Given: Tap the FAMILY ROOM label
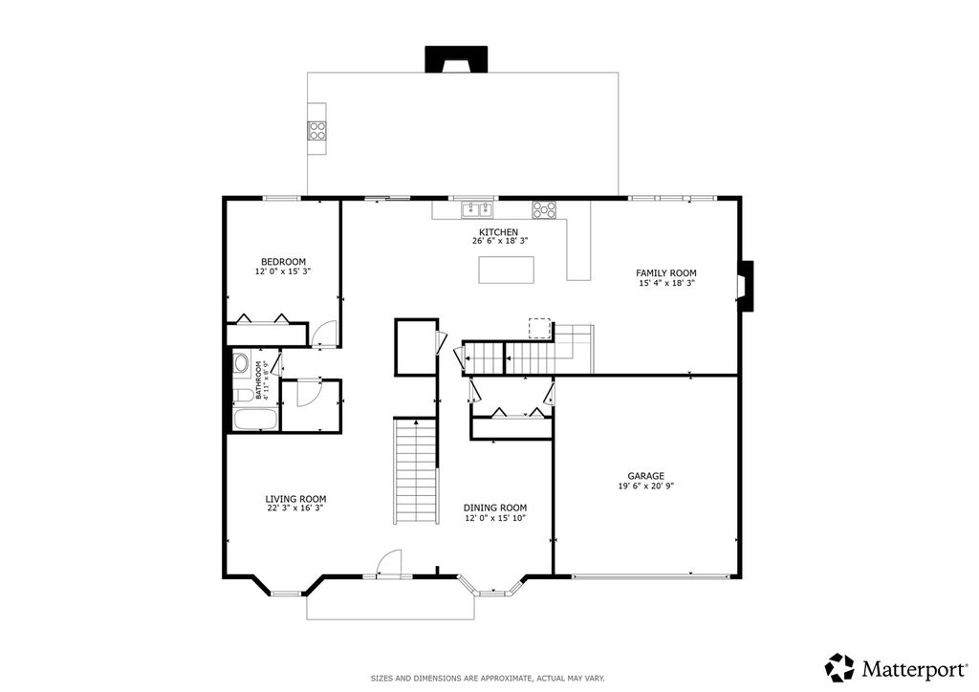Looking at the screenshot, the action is (666, 272).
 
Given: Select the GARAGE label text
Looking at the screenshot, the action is (645, 476).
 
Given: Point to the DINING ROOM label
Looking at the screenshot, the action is (495, 508).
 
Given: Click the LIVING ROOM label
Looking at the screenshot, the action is (296, 499).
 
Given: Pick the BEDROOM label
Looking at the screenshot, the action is (283, 262).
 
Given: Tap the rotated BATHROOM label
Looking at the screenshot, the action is (258, 380).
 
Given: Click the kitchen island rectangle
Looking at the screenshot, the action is (507, 270).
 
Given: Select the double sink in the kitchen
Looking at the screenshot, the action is (478, 209).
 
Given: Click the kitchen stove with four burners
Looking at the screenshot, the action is (544, 209).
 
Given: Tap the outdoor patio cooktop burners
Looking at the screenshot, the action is (317, 130).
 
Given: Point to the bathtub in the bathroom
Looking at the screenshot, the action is (255, 420).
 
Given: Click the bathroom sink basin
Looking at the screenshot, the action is (241, 363).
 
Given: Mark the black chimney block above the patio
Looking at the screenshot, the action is (456, 58).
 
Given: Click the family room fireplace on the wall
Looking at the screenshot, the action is (746, 286).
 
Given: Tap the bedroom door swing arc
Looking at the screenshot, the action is (325, 334).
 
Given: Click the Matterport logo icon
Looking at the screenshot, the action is (839, 668).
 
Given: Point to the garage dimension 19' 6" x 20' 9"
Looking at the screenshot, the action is (645, 487).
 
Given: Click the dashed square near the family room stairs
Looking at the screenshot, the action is (539, 329).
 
